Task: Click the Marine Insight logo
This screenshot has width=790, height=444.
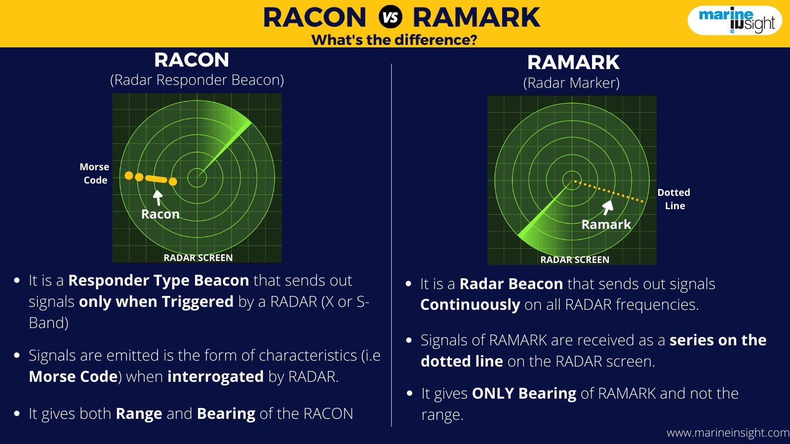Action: coord(735,20)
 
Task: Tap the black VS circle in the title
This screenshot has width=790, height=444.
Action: coord(391,17)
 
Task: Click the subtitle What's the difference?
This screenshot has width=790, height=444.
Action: coord(395,39)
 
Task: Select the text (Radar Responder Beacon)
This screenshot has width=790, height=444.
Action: coord(197,80)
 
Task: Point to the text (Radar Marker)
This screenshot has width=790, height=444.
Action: coord(571,83)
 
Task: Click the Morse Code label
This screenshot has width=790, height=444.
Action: coord(94,173)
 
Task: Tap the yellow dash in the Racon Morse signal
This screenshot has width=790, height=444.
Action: coord(156,179)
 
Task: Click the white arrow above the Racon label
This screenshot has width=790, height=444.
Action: coord(158,198)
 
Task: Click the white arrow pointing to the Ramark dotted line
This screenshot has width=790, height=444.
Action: coord(607,208)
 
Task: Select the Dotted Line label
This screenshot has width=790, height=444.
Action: coord(674,199)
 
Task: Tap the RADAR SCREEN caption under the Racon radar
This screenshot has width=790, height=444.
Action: coord(198,258)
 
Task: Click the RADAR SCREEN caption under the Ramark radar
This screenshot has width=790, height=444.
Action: coord(575,259)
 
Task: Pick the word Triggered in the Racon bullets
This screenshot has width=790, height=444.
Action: coord(197,302)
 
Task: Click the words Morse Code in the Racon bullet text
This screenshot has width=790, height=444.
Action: coord(73,377)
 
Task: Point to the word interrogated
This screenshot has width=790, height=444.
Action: coord(215,377)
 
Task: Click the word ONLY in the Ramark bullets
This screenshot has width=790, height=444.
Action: coord(493,394)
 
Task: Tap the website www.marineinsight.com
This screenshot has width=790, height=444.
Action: coord(728,433)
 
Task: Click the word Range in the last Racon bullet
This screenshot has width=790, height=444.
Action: coord(139,414)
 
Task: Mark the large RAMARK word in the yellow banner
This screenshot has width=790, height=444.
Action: coord(476,18)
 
